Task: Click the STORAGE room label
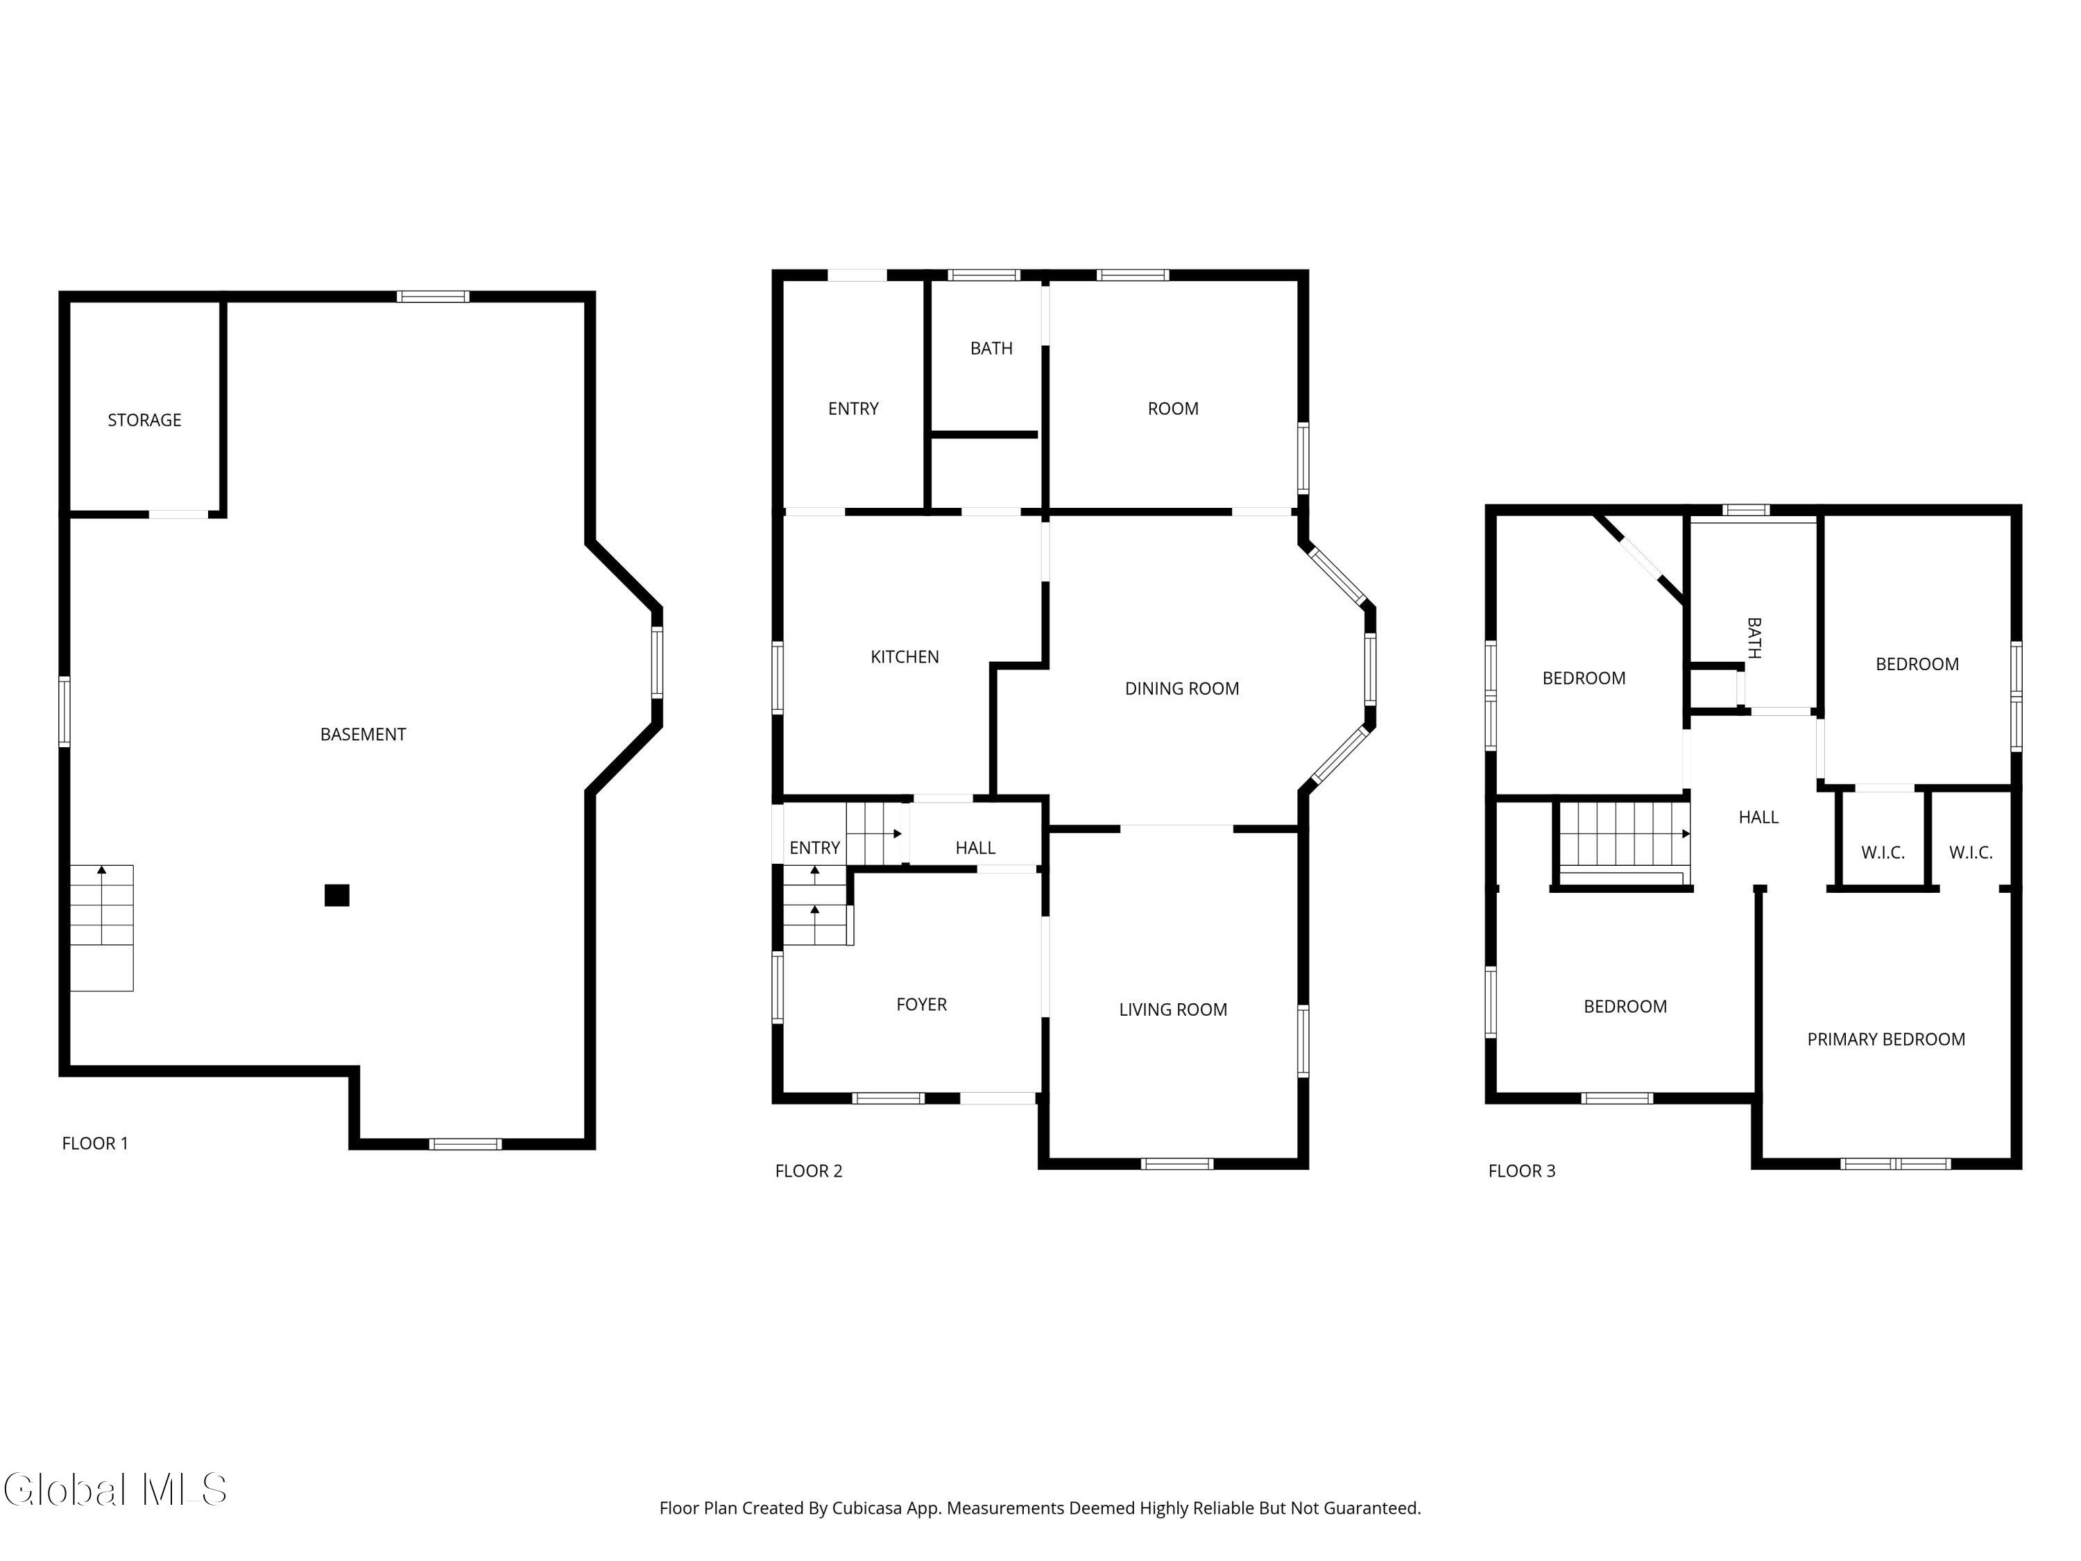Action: pyautogui.click(x=144, y=420)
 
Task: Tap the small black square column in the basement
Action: pyautogui.click(x=337, y=895)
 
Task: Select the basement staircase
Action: pyautogui.click(x=101, y=927)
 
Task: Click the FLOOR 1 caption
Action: pyautogui.click(x=94, y=1143)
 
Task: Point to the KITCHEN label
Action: pyautogui.click(x=904, y=657)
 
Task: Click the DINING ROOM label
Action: pyautogui.click(x=1181, y=689)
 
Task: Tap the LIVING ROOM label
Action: pyautogui.click(x=1172, y=1009)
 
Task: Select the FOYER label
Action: pyautogui.click(x=921, y=1004)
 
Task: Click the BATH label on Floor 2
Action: pyautogui.click(x=991, y=348)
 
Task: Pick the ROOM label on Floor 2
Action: pyautogui.click(x=1172, y=409)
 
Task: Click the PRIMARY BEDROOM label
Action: pyautogui.click(x=1885, y=1039)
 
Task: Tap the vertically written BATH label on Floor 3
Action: pyautogui.click(x=1754, y=638)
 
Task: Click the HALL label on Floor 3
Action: pyautogui.click(x=1757, y=817)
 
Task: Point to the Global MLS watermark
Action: pyautogui.click(x=114, y=1490)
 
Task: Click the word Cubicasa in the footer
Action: pyautogui.click(x=866, y=1508)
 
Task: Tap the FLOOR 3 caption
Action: pyautogui.click(x=1521, y=1170)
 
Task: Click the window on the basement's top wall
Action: pyautogui.click(x=433, y=296)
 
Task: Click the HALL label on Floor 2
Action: pyautogui.click(x=975, y=848)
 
